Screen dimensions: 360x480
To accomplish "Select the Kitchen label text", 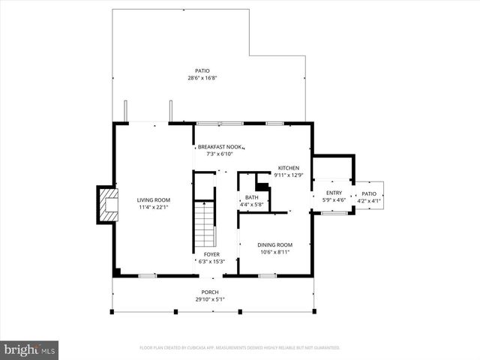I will [x=289, y=168].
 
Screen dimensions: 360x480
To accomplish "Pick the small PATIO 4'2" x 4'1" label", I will [x=368, y=196].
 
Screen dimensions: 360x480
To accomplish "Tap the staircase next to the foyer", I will [x=205, y=225].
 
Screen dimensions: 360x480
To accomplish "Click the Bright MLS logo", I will [x=30, y=349].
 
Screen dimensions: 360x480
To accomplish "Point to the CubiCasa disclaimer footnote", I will [x=239, y=348].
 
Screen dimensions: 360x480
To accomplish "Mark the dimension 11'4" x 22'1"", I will [x=153, y=207].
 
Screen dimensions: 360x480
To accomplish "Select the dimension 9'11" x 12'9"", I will [x=289, y=175].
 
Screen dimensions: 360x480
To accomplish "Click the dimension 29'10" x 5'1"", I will [x=209, y=299].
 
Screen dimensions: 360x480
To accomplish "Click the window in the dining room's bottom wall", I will [x=266, y=276].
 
